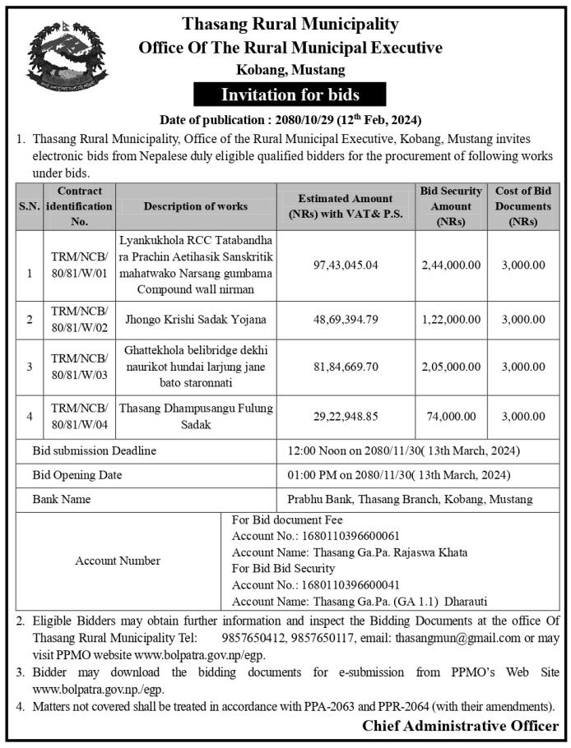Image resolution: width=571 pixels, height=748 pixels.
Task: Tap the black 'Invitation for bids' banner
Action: click(x=290, y=95)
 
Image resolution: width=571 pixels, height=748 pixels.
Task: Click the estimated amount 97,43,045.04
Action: click(x=346, y=265)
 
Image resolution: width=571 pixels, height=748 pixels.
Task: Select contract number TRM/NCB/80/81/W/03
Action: click(x=79, y=367)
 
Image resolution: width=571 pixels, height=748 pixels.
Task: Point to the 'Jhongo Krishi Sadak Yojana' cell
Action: click(x=195, y=319)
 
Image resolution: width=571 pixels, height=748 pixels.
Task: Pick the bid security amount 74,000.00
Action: click(x=450, y=417)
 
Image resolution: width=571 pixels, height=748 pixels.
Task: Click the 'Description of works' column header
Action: click(x=195, y=206)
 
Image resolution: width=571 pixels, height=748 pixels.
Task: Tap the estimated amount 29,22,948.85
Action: click(x=346, y=417)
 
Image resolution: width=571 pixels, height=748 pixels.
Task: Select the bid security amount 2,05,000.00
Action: click(x=450, y=367)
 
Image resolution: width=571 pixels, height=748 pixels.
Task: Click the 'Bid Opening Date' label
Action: click(x=77, y=475)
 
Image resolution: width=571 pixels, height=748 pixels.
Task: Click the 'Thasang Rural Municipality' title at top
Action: click(x=290, y=25)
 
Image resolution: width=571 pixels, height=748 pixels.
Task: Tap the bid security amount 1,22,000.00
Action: click(x=450, y=319)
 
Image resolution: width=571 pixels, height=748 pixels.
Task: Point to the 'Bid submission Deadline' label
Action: click(x=94, y=450)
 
